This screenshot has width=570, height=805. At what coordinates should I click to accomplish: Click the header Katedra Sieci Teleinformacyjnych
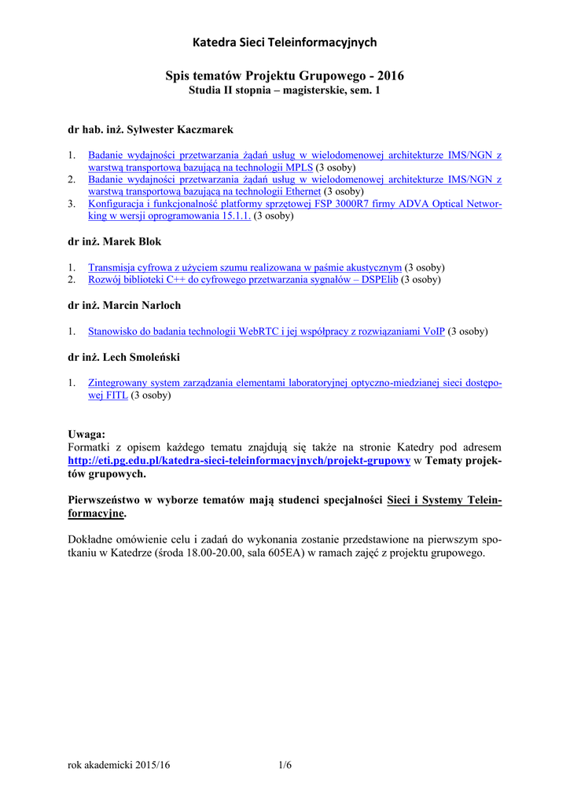[x=285, y=42]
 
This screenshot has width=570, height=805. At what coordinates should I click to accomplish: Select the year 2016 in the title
[x=391, y=76]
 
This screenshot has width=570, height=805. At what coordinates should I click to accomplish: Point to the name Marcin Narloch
[x=146, y=305]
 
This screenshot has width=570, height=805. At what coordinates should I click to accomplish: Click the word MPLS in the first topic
[x=299, y=167]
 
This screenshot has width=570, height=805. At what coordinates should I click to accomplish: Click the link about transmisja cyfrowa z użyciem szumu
[x=245, y=267]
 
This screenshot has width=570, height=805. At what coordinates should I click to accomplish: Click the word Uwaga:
[x=86, y=434]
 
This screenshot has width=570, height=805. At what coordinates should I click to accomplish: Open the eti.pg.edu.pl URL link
[x=239, y=460]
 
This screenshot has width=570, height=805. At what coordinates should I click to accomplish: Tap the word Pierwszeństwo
[x=105, y=499]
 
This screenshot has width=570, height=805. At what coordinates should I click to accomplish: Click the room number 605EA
[x=289, y=553]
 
